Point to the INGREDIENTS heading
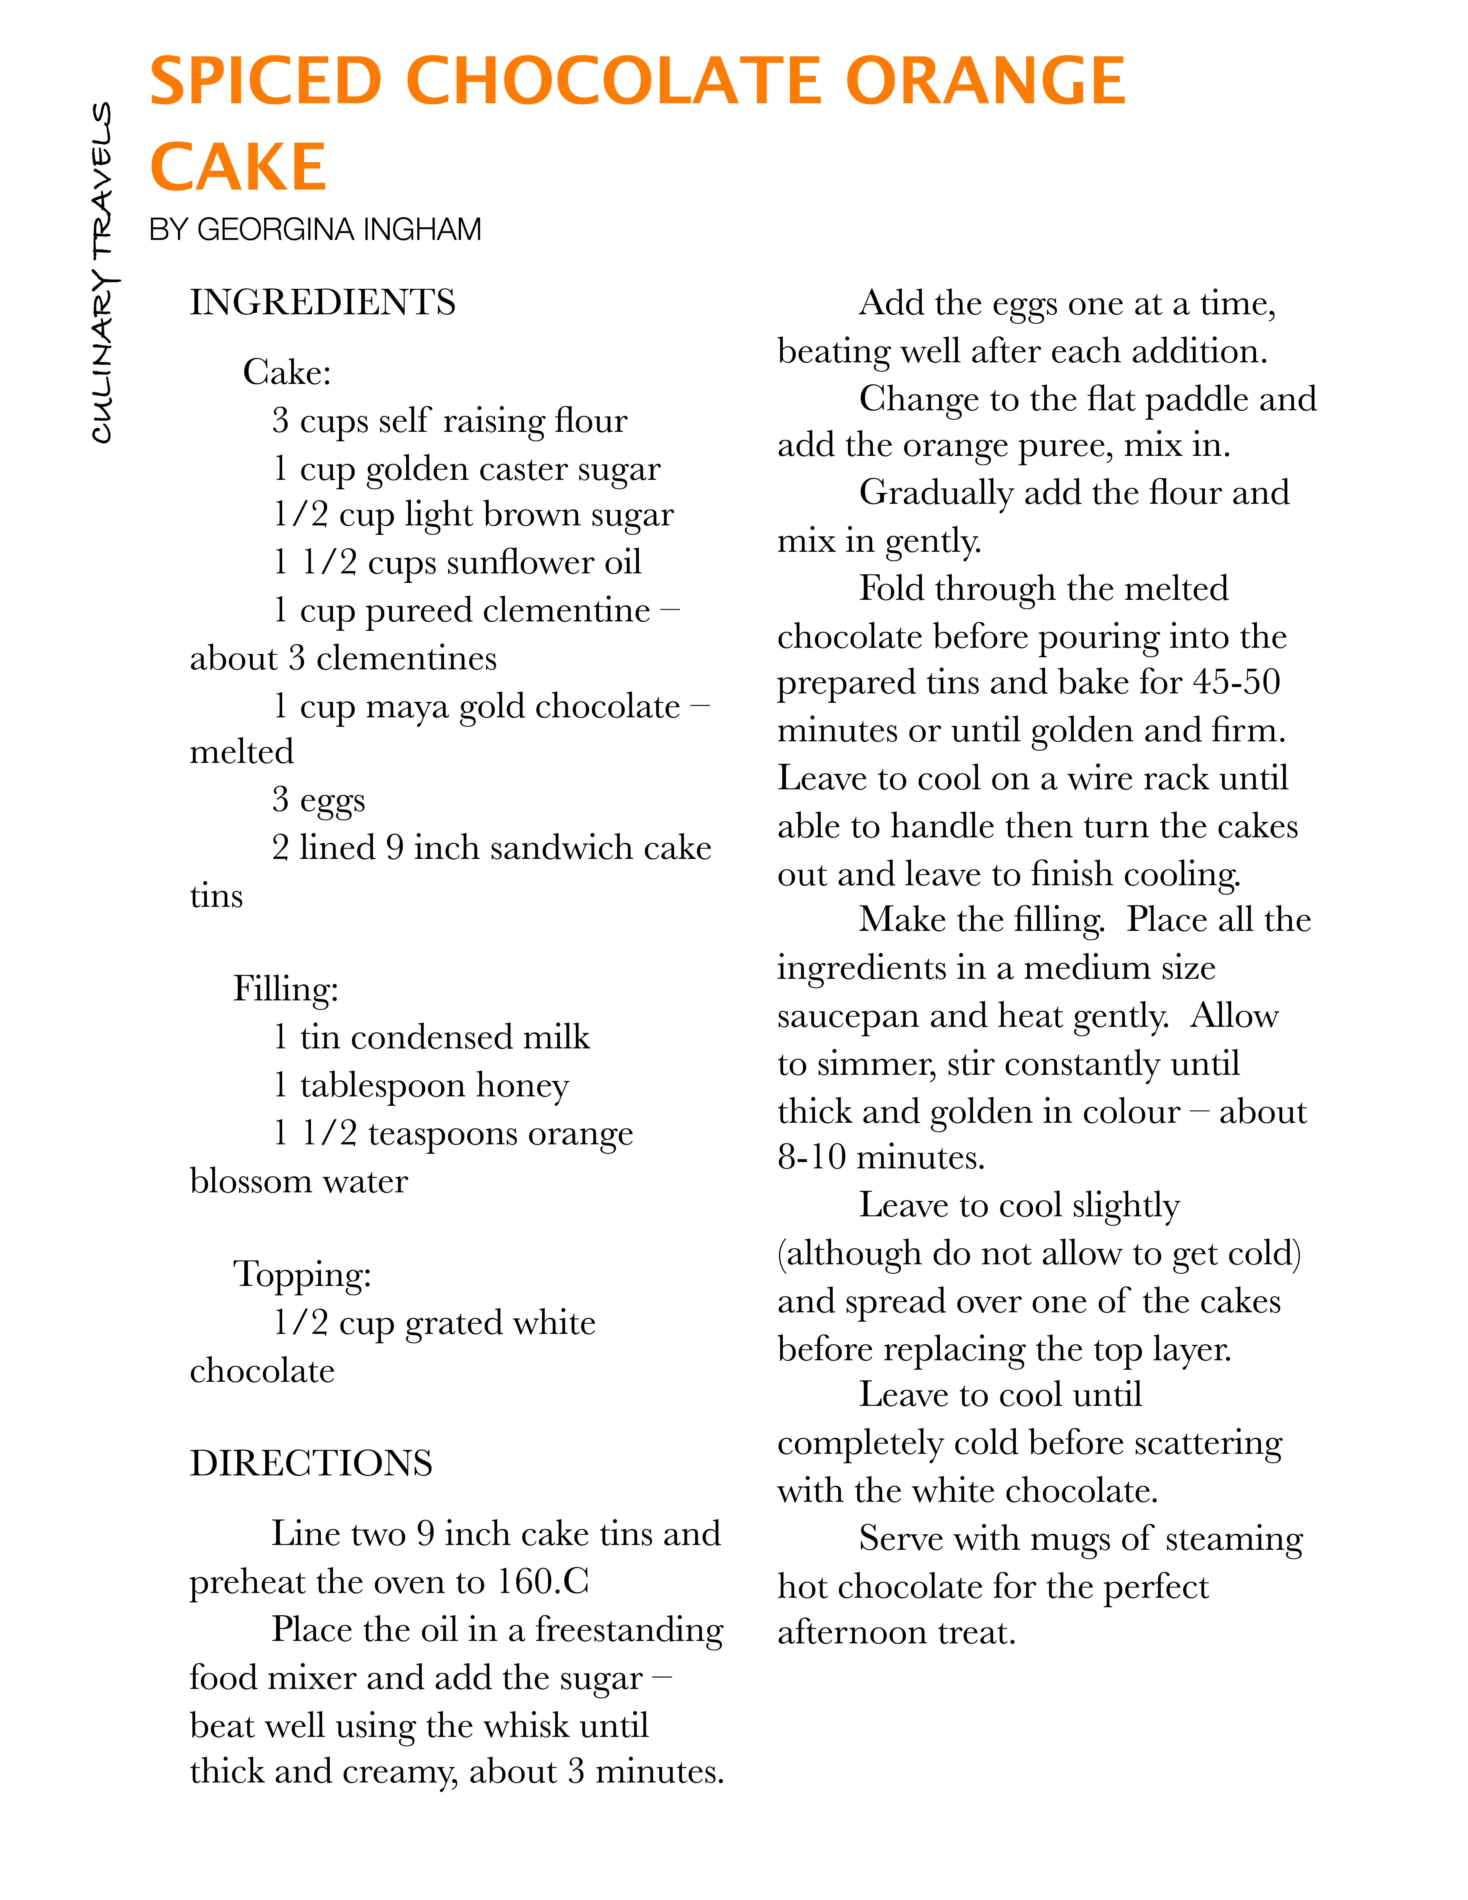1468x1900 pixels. point(323,303)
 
